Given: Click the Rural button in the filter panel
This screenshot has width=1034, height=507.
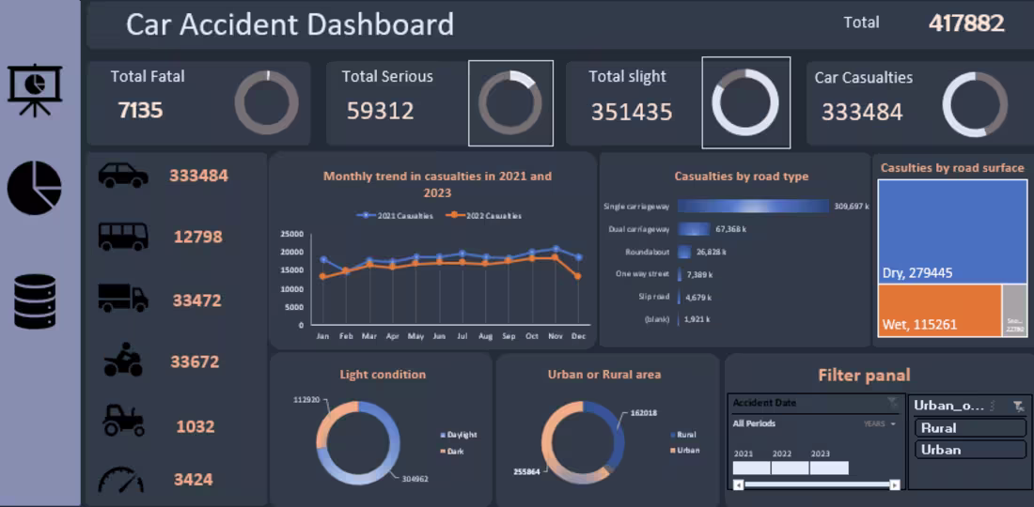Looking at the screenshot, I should click(969, 428).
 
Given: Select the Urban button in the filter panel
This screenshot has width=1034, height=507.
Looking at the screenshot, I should click(969, 450).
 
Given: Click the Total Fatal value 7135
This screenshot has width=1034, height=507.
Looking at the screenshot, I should click(140, 110).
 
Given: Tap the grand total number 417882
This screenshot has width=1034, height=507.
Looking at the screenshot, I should click(966, 23).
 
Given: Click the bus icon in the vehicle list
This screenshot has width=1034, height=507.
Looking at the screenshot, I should click(123, 237).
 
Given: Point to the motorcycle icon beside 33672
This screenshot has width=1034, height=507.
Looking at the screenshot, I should click(123, 361).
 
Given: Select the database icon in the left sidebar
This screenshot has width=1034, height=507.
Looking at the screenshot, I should click(35, 301).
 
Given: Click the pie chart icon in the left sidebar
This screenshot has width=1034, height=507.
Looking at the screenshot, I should click(35, 188).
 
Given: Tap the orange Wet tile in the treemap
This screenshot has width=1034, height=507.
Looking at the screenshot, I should click(938, 310).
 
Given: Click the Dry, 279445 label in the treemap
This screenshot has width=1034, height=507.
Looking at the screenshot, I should click(917, 273).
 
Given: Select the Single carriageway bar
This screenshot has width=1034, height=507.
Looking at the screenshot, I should click(753, 206).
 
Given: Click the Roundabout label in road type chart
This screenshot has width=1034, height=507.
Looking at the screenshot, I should click(647, 252).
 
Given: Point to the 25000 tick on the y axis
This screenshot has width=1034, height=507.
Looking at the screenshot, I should click(292, 234).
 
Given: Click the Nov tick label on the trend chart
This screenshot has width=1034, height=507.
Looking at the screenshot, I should click(555, 335).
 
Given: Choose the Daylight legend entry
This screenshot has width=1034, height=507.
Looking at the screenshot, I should click(461, 435).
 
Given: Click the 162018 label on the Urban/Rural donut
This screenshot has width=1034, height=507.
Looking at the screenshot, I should click(643, 412).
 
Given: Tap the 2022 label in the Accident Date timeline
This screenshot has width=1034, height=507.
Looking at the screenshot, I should click(782, 453).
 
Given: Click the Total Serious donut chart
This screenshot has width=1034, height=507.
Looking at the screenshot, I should click(510, 103).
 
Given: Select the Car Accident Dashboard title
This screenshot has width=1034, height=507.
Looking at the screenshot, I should click(290, 24).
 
